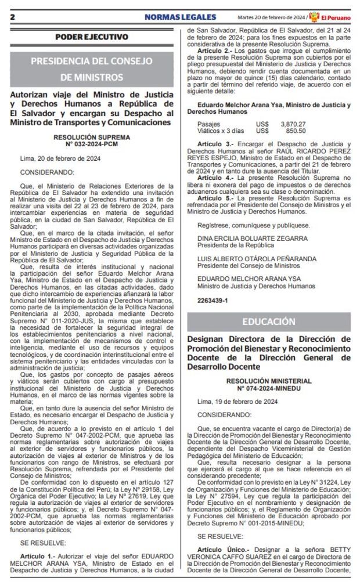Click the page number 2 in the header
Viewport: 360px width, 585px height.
[12, 17]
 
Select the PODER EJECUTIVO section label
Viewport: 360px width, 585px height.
[92, 37]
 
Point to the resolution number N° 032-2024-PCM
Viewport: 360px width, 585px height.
[92, 144]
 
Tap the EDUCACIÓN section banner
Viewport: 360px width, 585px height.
[269, 322]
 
